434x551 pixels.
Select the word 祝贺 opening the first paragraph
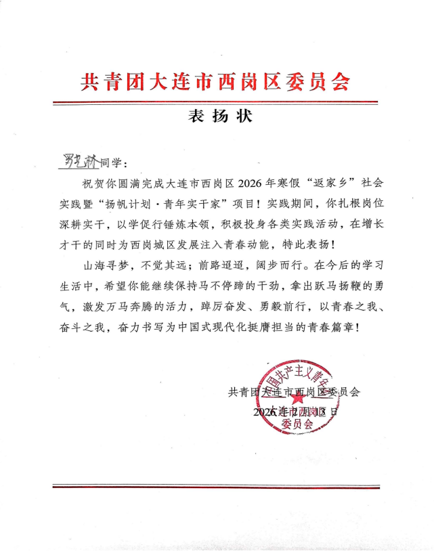pyautogui.click(x=91, y=183)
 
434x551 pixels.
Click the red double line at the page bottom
pyautogui.click(x=216, y=486)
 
